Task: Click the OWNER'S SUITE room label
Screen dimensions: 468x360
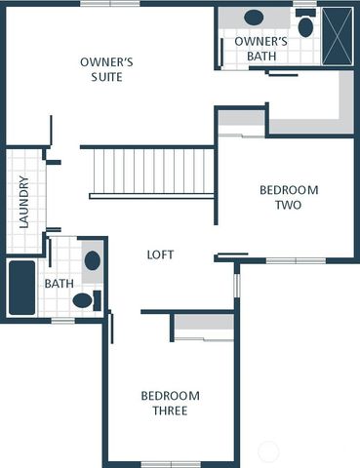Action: click(107, 69)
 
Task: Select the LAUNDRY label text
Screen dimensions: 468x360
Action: click(24, 203)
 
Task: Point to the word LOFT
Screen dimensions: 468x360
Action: click(160, 254)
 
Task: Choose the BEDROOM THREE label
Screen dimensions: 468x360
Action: click(170, 403)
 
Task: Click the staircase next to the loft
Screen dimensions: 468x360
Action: click(151, 172)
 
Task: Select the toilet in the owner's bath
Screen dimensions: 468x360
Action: click(305, 24)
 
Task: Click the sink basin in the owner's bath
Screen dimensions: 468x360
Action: click(254, 18)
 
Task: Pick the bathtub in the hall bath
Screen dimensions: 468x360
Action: click(21, 288)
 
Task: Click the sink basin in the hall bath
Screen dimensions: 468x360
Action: click(92, 260)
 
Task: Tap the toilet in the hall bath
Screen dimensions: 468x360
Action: click(84, 300)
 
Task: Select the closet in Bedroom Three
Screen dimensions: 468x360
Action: click(203, 326)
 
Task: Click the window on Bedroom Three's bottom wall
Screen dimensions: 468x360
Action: click(171, 463)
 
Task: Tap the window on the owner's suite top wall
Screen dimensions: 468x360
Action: click(110, 4)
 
